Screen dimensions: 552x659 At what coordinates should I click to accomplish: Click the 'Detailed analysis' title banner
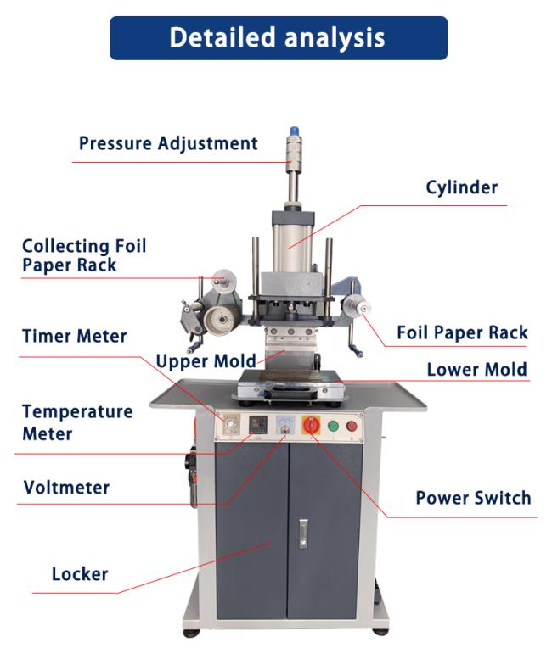point(279,38)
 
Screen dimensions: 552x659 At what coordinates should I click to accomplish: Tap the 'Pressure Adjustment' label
point(168,143)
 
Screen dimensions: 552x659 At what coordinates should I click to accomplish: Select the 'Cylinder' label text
point(461,188)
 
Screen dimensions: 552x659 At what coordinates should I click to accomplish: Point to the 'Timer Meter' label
point(75,336)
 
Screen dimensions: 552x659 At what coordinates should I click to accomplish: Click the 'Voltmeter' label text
point(66,488)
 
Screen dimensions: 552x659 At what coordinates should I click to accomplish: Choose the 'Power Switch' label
point(473,498)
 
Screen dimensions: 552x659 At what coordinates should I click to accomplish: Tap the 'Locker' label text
point(80,574)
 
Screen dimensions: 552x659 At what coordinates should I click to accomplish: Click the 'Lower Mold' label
point(476,370)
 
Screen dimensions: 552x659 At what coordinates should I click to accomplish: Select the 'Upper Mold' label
point(206,361)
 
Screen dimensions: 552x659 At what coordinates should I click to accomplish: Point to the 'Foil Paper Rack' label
point(462,332)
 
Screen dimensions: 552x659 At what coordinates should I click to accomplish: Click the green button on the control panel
point(333,426)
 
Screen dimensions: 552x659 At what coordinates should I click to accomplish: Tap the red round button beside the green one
point(352,427)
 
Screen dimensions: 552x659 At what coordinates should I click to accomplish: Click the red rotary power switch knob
point(312,425)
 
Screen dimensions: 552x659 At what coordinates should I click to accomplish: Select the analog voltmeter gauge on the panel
point(284,424)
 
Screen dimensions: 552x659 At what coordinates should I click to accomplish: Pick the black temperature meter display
point(258,424)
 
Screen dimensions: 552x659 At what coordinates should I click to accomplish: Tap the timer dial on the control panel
point(230,424)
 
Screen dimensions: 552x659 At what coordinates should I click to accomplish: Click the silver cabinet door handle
point(303,533)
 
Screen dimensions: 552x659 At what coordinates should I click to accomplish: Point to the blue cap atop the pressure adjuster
point(295,131)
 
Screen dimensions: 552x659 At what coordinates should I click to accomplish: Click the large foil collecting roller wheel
point(221,320)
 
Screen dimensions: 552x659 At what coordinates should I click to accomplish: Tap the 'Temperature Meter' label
point(77,423)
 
